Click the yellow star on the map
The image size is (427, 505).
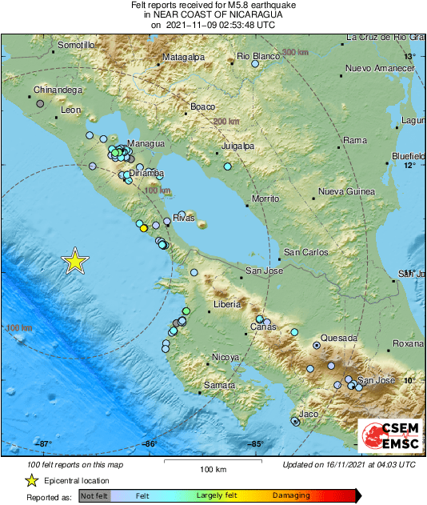pos(75,261)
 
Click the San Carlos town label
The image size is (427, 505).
pos(306,253)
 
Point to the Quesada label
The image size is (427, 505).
pos(338,339)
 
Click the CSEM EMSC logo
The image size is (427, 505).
pos(387,434)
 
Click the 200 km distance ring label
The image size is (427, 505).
pos(226,121)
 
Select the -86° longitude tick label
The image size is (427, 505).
pos(150,444)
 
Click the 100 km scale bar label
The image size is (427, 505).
pos(210,469)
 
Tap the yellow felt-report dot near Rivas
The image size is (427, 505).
pos(144,228)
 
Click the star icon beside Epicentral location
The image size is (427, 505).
pos(31,481)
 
